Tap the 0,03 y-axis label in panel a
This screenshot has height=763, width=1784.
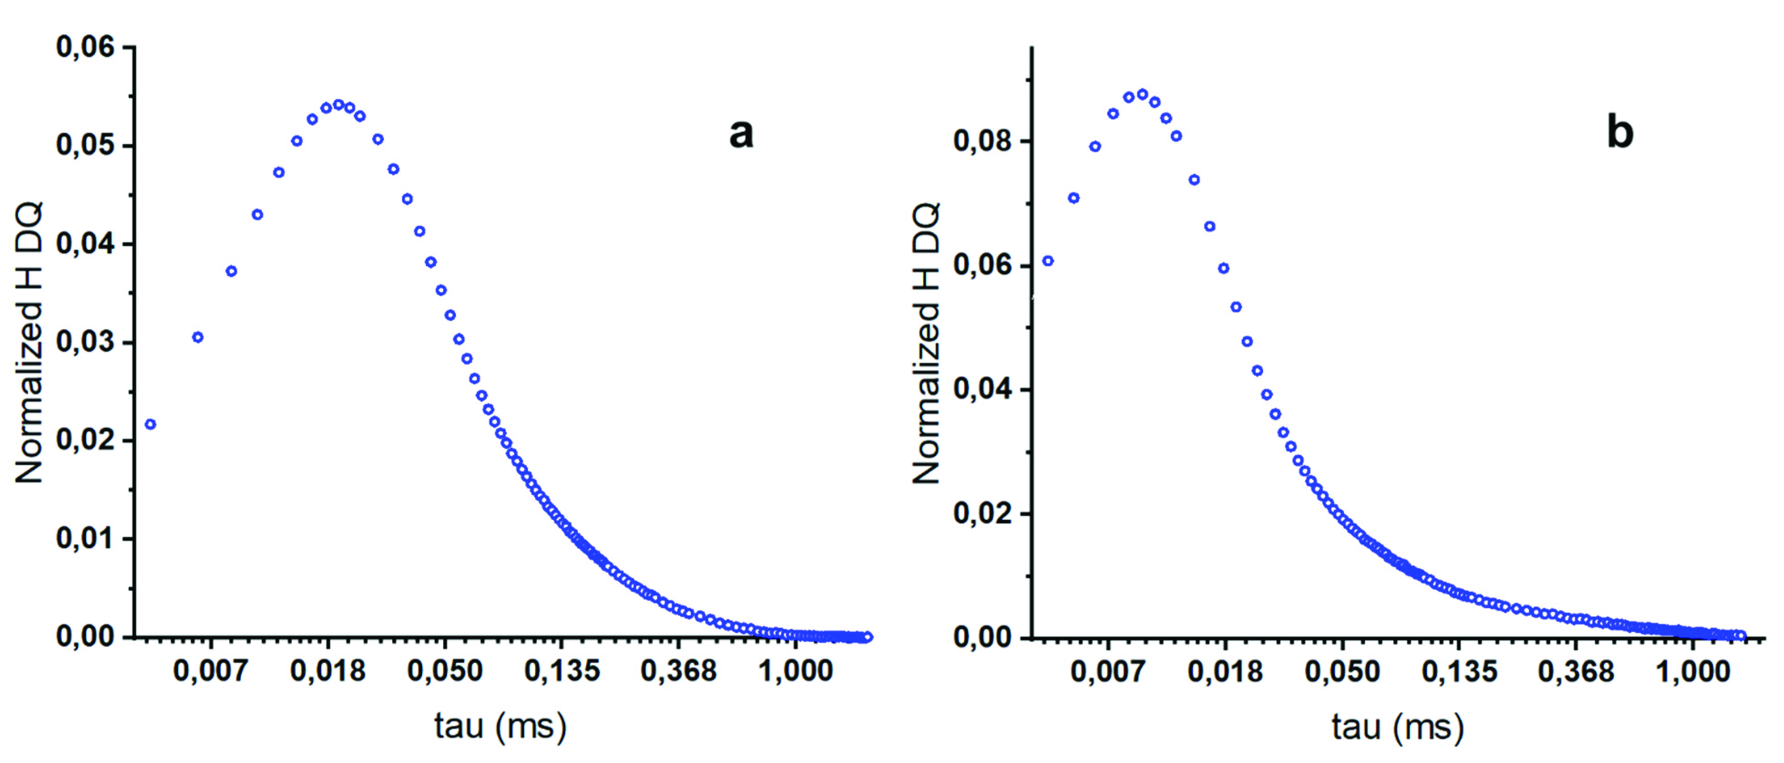point(85,342)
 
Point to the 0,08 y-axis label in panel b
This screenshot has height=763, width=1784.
point(982,141)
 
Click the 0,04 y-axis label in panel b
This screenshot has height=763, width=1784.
point(982,389)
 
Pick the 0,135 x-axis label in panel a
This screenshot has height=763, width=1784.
point(562,670)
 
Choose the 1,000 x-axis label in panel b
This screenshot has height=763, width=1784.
point(1692,671)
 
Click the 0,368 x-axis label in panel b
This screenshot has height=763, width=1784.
point(1575,671)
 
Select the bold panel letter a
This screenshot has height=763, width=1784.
point(741,133)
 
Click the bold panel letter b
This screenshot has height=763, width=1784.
point(1619,132)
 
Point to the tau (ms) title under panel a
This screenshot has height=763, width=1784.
point(500,726)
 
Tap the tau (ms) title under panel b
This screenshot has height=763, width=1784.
point(1398,727)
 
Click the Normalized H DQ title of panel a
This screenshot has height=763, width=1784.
point(29,343)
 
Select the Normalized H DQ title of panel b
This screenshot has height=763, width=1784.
point(926,343)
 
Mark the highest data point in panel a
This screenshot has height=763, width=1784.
point(339,105)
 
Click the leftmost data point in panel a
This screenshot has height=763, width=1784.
point(150,424)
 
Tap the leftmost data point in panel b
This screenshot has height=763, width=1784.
point(1048,261)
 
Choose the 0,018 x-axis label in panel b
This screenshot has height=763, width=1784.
point(1225,671)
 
